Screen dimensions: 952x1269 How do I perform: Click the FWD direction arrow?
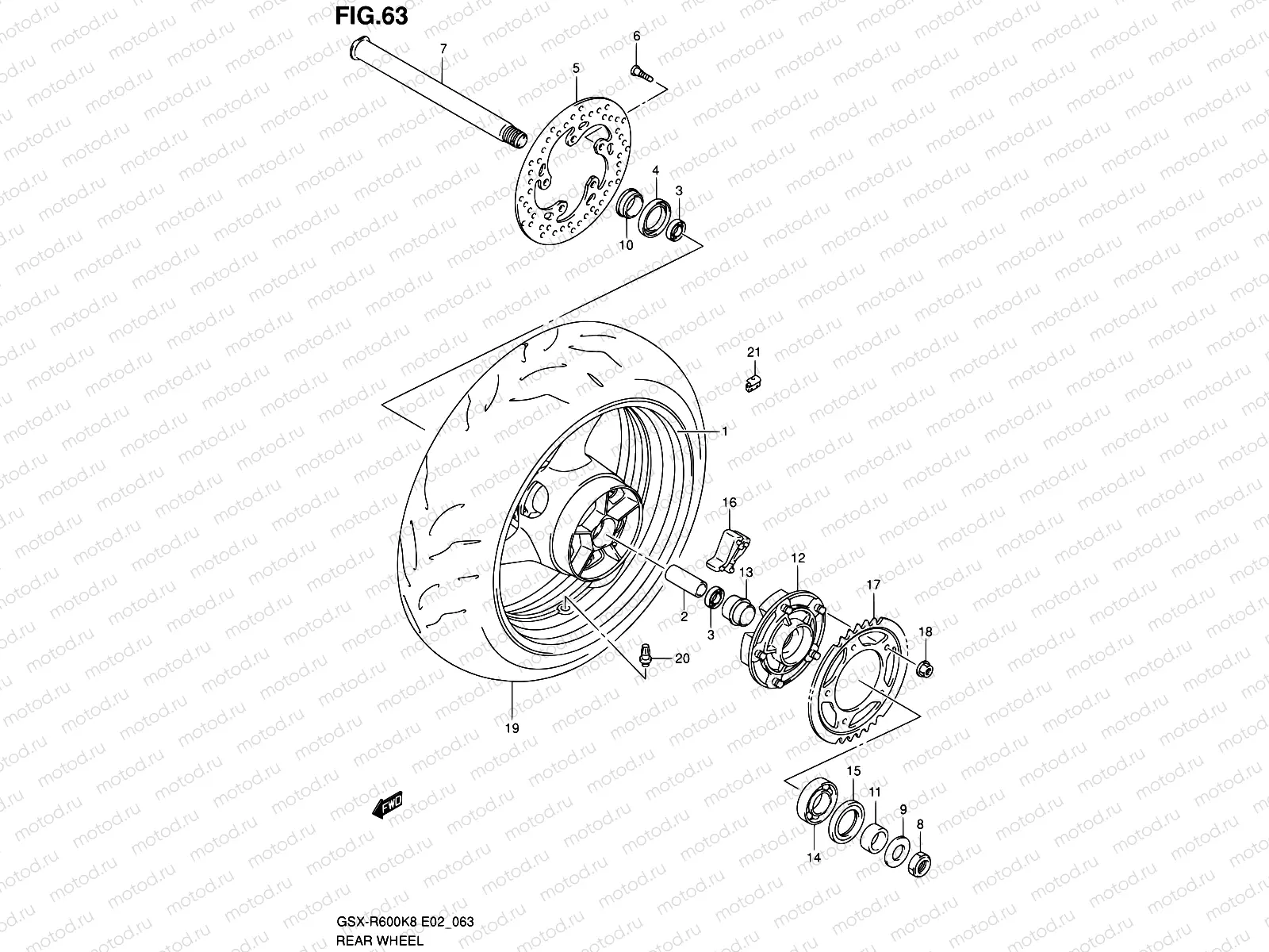pos(386,806)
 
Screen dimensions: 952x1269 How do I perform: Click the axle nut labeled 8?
pos(921,860)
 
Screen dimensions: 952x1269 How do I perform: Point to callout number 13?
pos(746,572)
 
